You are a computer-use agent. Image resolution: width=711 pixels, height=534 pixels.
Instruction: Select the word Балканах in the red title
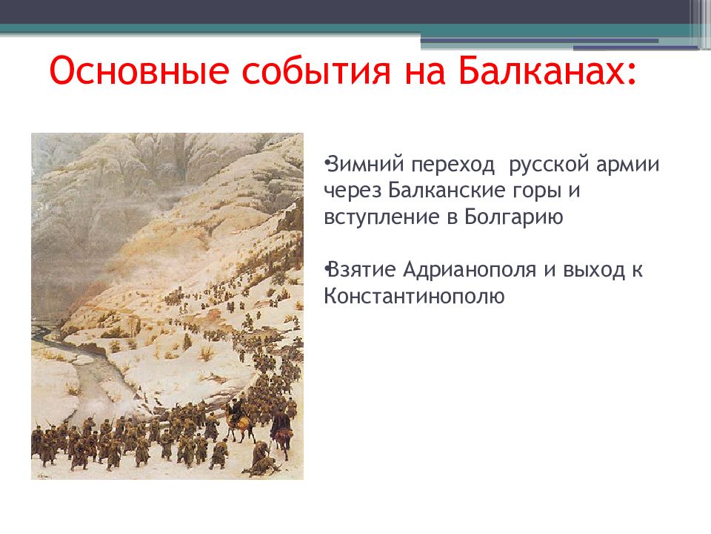[541, 70]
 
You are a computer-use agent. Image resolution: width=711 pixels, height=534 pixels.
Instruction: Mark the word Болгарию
[514, 218]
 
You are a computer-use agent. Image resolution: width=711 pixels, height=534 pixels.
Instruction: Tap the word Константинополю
[414, 297]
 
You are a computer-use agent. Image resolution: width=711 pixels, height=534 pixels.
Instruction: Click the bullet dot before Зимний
[326, 162]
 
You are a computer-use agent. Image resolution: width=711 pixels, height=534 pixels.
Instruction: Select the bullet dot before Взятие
[326, 268]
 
